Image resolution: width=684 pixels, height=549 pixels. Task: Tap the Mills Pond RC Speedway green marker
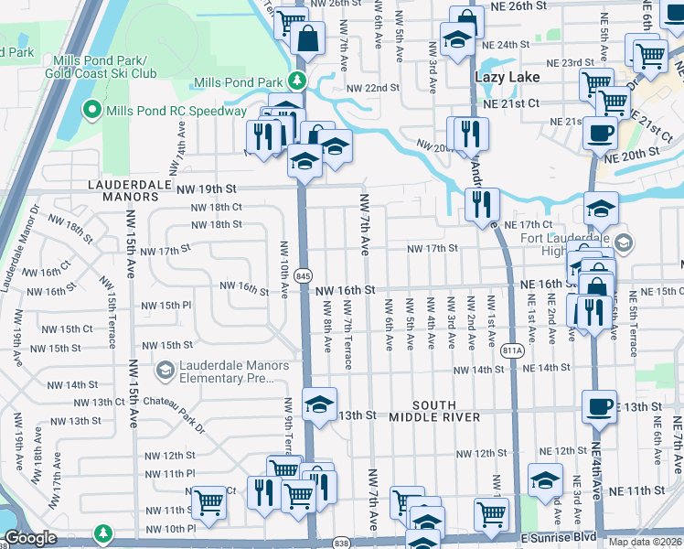pyautogui.click(x=91, y=112)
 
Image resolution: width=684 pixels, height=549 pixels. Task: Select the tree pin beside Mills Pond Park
pyautogui.click(x=296, y=82)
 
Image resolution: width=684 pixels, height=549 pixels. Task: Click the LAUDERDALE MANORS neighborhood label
pyautogui.click(x=123, y=189)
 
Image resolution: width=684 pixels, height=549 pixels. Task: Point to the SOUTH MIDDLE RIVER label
pyautogui.click(x=446, y=411)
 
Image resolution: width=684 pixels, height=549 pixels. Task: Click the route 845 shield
pyautogui.click(x=305, y=275)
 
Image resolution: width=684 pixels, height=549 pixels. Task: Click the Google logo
pyautogui.click(x=30, y=539)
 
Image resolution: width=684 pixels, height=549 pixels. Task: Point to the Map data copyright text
pyautogui.click(x=645, y=542)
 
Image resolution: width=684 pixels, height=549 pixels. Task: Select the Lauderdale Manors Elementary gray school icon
pyautogui.click(x=166, y=371)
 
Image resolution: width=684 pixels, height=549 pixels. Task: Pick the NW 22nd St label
pyautogui.click(x=373, y=88)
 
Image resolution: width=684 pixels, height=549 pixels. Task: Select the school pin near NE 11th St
pyautogui.click(x=545, y=479)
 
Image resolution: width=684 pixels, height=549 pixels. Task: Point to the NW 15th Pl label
pyautogui.click(x=166, y=305)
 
